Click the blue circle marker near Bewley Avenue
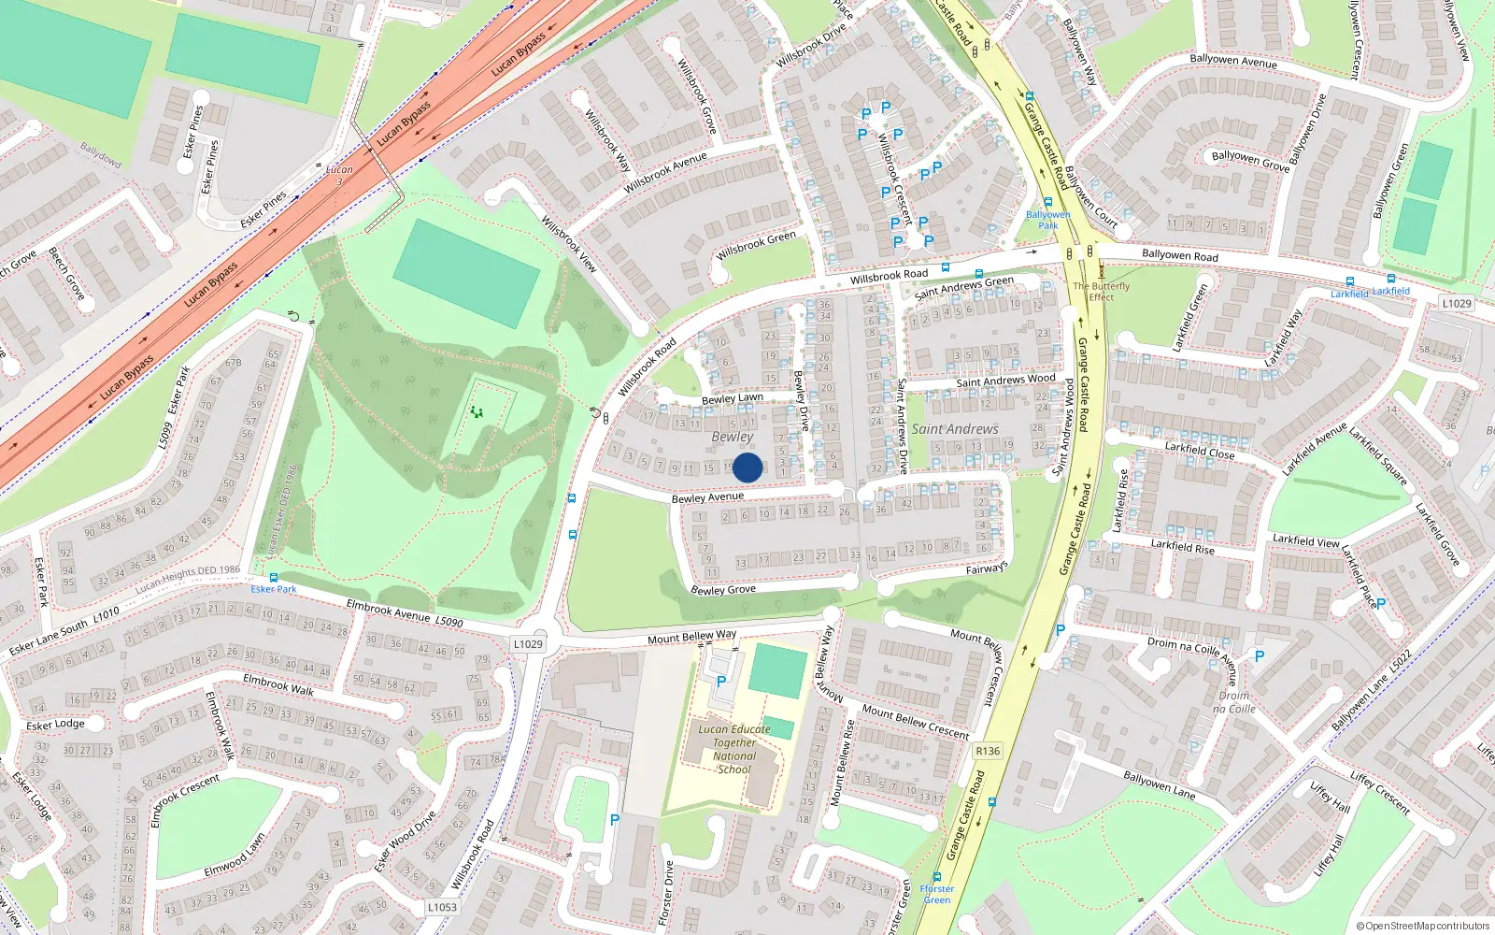click(x=747, y=467)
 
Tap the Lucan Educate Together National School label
click(x=734, y=749)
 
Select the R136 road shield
click(x=987, y=751)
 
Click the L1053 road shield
click(x=442, y=907)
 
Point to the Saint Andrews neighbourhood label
click(x=955, y=429)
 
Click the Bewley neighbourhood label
click(x=732, y=437)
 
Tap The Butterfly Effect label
click(x=1101, y=292)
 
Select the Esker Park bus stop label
click(x=274, y=589)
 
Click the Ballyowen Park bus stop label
click(x=1048, y=220)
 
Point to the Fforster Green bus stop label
click(x=936, y=895)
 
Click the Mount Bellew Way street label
click(x=691, y=638)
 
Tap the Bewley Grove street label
click(x=723, y=589)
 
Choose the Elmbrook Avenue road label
click(x=388, y=611)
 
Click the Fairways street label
click(x=987, y=568)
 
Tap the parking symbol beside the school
click(x=720, y=682)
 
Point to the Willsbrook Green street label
click(x=756, y=246)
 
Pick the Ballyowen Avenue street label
click(x=1233, y=61)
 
